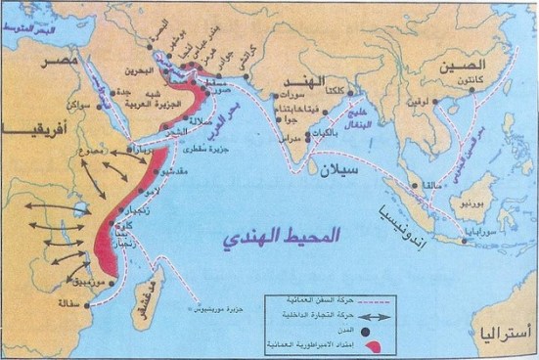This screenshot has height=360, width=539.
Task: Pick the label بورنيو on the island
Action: click(463, 207)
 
